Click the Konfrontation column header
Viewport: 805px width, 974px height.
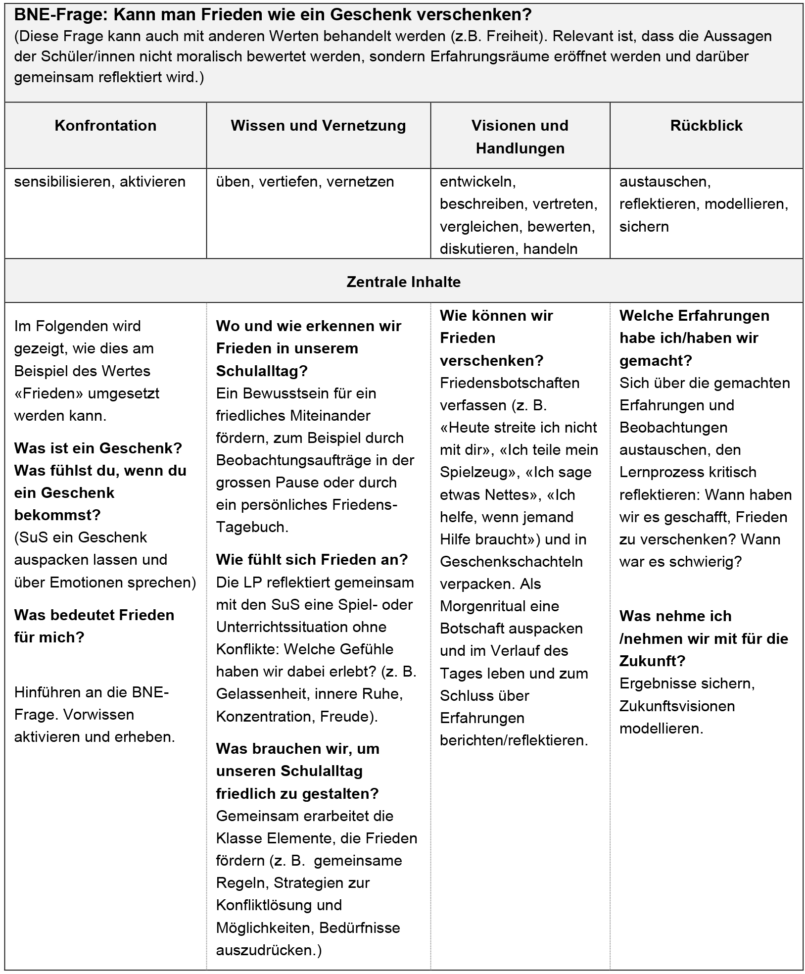point(105,126)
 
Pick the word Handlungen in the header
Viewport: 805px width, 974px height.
point(520,148)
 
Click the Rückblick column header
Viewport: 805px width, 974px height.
point(706,126)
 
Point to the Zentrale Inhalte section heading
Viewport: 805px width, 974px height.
point(403,282)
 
